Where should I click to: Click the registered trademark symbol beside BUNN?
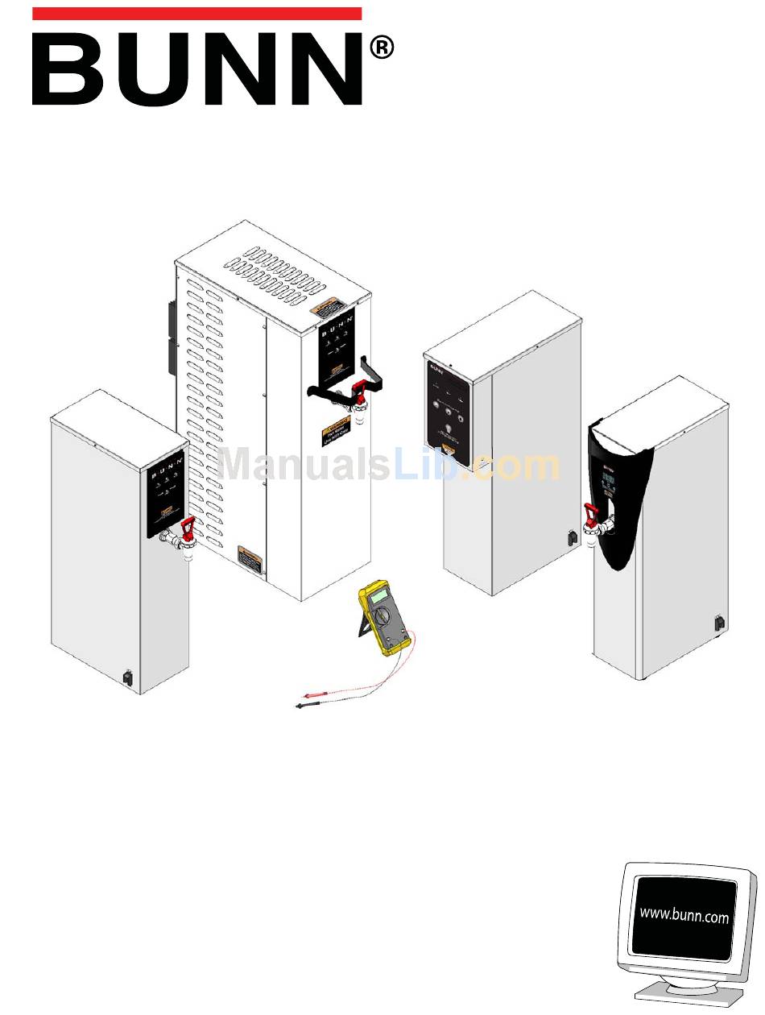point(382,49)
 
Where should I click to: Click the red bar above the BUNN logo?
point(196,14)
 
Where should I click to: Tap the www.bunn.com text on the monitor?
point(684,915)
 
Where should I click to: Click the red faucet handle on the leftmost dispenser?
point(188,528)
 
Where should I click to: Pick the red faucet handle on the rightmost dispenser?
point(590,512)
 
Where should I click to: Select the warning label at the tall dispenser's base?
point(250,558)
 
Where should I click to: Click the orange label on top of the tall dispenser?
point(327,309)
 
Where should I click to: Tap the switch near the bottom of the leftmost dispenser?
point(127,678)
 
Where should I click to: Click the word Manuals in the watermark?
point(304,466)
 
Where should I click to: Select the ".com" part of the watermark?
point(515,466)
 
